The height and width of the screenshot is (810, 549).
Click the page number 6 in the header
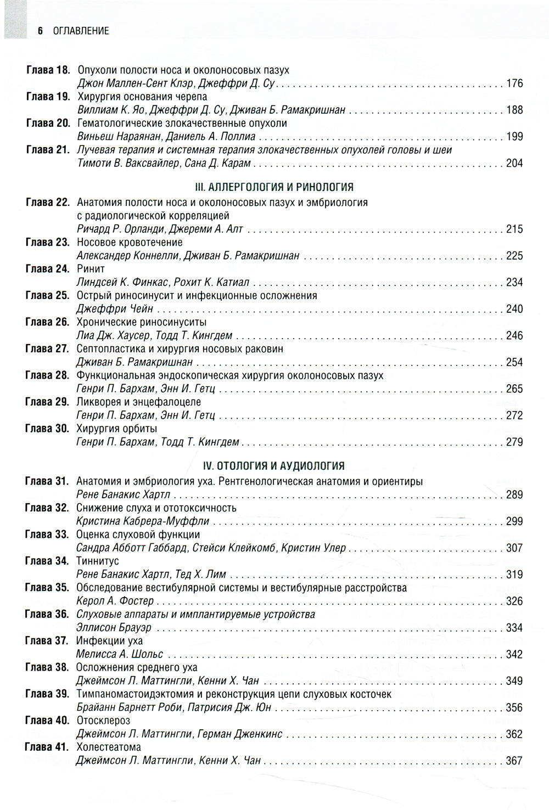[x=40, y=31]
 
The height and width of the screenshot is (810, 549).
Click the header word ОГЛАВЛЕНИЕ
[x=81, y=31]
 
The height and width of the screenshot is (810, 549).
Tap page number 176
[x=514, y=84]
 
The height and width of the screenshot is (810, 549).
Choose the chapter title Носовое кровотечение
[x=130, y=242]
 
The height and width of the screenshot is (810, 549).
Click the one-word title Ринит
[x=91, y=269]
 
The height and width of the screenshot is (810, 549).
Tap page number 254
[x=514, y=362]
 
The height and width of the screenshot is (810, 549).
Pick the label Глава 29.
[x=47, y=402]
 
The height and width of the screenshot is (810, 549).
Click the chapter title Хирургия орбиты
[x=117, y=429]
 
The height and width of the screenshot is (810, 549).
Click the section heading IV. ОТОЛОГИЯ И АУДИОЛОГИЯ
[x=273, y=466]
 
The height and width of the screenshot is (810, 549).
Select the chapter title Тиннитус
[x=98, y=561]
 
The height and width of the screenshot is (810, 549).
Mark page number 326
[x=514, y=601]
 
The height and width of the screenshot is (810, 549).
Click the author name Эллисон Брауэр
[x=114, y=628]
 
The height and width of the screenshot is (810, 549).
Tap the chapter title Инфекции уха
[x=110, y=640]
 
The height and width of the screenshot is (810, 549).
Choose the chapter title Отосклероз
[x=103, y=721]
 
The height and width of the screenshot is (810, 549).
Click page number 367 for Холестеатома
[x=514, y=761]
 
